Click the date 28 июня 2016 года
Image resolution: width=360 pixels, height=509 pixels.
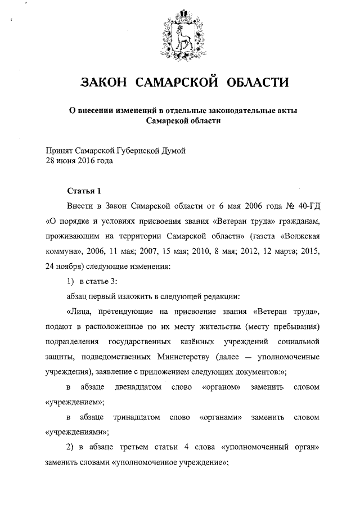(79, 160)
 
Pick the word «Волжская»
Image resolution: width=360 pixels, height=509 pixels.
(298, 235)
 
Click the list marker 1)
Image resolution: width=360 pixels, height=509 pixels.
(71, 281)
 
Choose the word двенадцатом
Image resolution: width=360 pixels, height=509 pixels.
(138, 388)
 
